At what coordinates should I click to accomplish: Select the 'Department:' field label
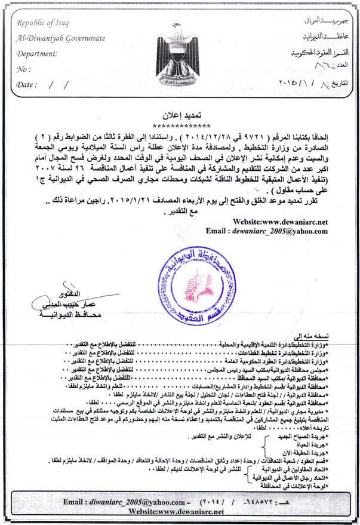[37, 54]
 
